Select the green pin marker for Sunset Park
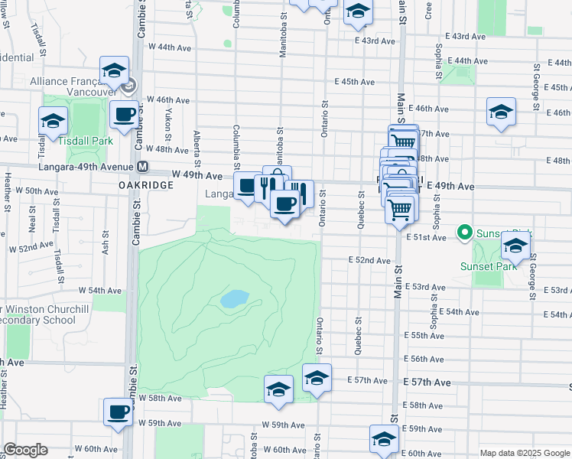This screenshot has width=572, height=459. click(x=463, y=231)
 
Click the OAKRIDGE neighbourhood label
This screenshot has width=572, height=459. click(x=143, y=185)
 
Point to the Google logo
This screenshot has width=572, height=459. click(x=26, y=450)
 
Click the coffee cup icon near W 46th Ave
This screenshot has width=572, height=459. click(x=124, y=116)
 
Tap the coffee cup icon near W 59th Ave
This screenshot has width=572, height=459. click(x=118, y=412)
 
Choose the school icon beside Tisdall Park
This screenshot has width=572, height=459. click(x=54, y=121)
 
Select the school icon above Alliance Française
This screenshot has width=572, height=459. click(x=115, y=71)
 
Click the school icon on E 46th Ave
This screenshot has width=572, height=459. click(x=501, y=112)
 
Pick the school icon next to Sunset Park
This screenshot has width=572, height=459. click(x=515, y=246)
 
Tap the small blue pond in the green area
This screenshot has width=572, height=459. click(x=234, y=298)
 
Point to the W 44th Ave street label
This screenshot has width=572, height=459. click(x=170, y=47)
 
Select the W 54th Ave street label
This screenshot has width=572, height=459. click(x=105, y=291)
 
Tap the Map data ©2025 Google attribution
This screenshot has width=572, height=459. click(x=524, y=453)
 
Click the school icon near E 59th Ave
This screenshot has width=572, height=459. click(x=383, y=439)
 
